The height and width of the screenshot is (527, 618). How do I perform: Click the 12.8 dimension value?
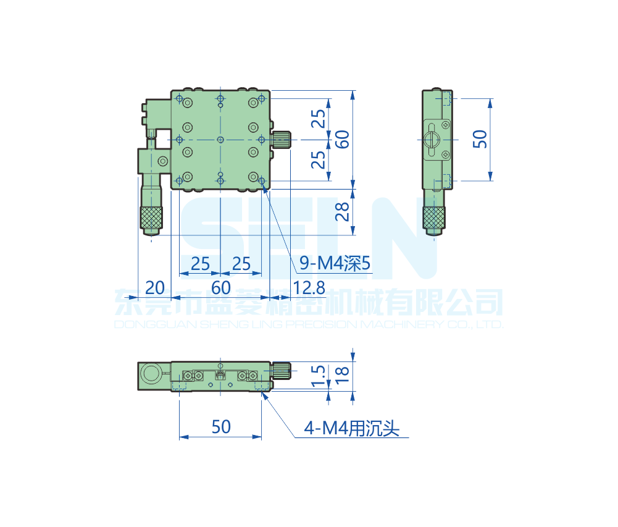tap(309, 288)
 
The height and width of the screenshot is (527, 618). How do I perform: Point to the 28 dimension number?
tap(342, 211)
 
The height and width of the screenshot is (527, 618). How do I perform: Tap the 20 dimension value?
tap(155, 288)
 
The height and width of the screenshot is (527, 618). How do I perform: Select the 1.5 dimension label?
tap(318, 376)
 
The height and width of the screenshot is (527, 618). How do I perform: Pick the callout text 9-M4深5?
tap(335, 263)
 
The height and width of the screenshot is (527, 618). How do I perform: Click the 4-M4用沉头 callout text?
tap(351, 428)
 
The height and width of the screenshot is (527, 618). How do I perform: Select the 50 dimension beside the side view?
tap(480, 139)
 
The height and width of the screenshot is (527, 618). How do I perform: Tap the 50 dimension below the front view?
tap(221, 427)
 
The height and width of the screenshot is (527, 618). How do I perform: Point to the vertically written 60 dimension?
tap(342, 139)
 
